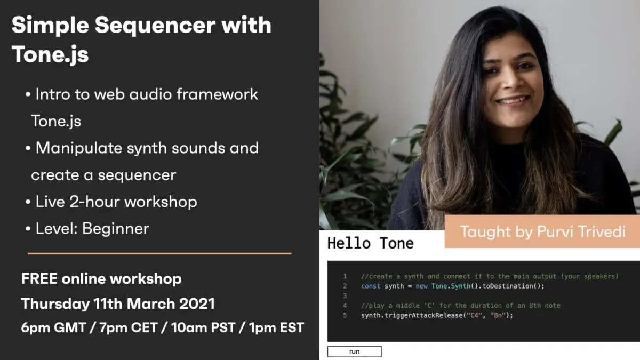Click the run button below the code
(x=354, y=351)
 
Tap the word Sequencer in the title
(x=155, y=26)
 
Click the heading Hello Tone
(x=371, y=243)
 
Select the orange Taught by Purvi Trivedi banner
(x=542, y=231)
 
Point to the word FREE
(x=39, y=278)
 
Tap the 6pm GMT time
(x=53, y=327)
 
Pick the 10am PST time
(x=203, y=327)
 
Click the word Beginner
(x=116, y=229)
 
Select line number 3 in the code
(x=345, y=295)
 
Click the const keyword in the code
(x=371, y=286)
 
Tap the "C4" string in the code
(x=474, y=315)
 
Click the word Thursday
(x=55, y=304)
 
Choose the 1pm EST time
(x=276, y=327)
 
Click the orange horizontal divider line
(x=159, y=253)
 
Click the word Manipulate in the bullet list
(x=79, y=149)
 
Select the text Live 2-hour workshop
(x=116, y=202)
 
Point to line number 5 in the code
(x=345, y=315)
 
